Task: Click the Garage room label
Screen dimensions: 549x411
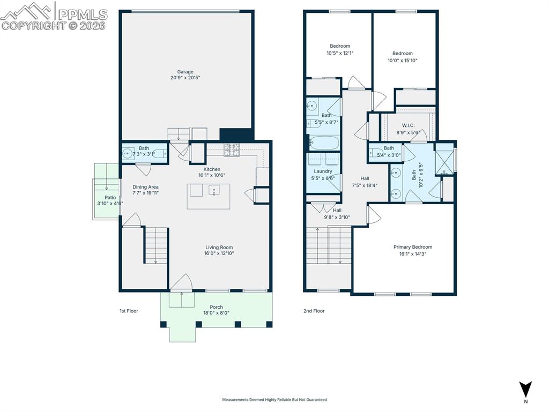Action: [185, 72]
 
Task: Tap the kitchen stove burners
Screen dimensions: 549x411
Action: [232, 150]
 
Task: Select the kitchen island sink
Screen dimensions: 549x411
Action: [214, 190]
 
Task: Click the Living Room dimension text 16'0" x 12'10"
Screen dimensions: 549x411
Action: [219, 253]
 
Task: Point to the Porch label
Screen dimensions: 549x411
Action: [217, 307]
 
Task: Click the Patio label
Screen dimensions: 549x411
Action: [110, 197]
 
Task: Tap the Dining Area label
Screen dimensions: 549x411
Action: [146, 187]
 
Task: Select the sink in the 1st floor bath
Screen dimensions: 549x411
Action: [128, 153]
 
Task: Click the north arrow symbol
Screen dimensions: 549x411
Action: [525, 389]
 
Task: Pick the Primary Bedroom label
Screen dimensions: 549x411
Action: [413, 247]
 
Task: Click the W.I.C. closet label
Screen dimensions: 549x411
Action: [408, 125]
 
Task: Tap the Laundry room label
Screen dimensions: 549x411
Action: [323, 171]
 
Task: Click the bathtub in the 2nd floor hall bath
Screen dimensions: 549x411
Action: [324, 144]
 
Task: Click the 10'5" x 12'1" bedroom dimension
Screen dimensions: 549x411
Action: [340, 53]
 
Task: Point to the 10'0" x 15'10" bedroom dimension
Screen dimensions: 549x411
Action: [402, 60]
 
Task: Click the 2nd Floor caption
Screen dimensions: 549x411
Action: [314, 311]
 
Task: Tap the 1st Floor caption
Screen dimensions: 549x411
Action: [129, 311]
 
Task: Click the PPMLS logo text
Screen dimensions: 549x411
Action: [83, 14]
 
